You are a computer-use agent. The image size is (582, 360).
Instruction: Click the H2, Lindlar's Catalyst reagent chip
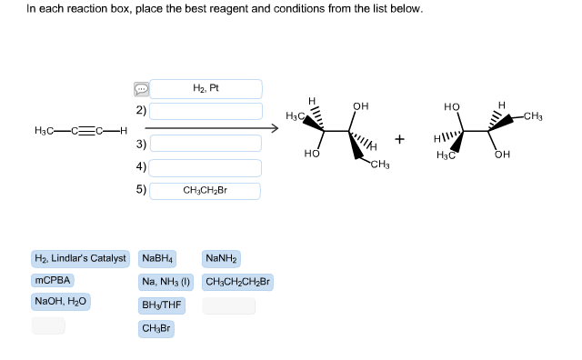click(x=80, y=259)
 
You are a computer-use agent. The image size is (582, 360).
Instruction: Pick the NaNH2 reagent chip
click(x=222, y=259)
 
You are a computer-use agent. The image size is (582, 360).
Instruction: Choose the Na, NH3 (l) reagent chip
click(x=166, y=281)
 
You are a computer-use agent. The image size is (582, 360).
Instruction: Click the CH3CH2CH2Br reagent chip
click(x=238, y=281)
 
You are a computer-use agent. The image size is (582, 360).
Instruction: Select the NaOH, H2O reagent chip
click(x=61, y=301)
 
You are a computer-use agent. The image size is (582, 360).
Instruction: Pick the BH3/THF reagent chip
click(x=162, y=305)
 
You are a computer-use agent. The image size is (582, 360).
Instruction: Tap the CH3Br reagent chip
click(x=156, y=327)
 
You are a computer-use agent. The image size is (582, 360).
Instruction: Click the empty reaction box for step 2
click(x=206, y=111)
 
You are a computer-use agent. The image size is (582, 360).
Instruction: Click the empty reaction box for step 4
click(x=206, y=167)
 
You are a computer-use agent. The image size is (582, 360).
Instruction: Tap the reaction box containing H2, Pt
click(x=206, y=88)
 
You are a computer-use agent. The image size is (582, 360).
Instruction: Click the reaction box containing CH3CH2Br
click(x=206, y=191)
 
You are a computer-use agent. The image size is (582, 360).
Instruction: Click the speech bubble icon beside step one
click(x=141, y=89)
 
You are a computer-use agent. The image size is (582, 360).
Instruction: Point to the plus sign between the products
click(x=398, y=139)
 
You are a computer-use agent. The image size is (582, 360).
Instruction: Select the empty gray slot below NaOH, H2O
click(x=48, y=325)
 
